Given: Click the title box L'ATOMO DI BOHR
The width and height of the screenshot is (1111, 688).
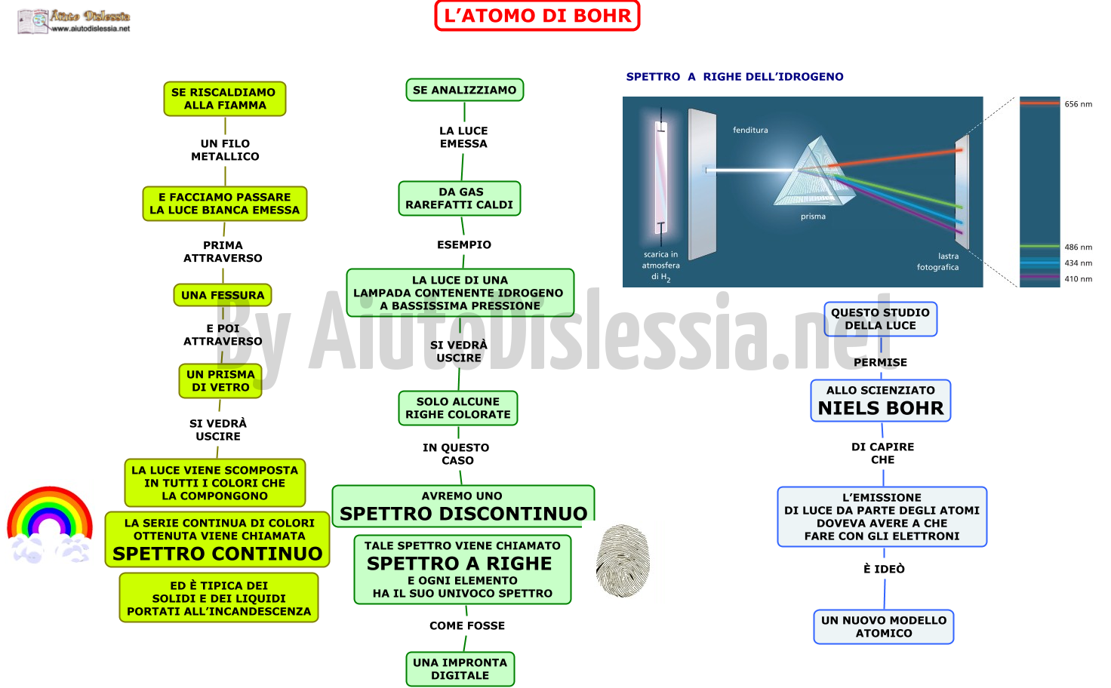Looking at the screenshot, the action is click(537, 15).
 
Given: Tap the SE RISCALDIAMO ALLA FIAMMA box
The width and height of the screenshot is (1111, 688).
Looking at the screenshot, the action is click(225, 99).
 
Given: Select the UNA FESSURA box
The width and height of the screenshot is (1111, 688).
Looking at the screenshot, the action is click(223, 295).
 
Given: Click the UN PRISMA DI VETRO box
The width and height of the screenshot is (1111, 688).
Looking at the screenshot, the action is click(220, 381).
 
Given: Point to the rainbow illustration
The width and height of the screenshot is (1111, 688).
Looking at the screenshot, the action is click(50, 524).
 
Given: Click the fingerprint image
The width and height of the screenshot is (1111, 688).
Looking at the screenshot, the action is click(623, 560).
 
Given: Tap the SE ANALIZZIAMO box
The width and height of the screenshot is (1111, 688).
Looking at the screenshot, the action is click(465, 90).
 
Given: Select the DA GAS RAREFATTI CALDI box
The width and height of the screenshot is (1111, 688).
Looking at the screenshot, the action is click(460, 198).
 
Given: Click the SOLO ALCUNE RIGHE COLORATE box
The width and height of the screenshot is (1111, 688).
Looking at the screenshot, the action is click(458, 408).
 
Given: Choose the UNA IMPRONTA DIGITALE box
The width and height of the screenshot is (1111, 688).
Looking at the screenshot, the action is click(460, 668).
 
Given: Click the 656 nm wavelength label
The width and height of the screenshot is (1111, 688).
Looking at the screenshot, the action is click(1079, 104).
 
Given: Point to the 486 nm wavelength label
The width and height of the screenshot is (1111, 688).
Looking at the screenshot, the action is click(1079, 247).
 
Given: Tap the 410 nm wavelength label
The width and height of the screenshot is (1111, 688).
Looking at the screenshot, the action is click(1079, 278).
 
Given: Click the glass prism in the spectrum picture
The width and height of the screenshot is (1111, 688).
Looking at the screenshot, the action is click(814, 174).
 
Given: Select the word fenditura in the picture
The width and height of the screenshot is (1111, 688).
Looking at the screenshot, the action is click(750, 130).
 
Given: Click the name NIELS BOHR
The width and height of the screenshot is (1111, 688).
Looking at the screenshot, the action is click(881, 408).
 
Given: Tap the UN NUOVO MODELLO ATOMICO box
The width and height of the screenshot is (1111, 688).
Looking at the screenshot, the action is click(884, 627).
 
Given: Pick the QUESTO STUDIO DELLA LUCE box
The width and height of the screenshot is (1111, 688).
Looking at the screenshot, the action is click(880, 318).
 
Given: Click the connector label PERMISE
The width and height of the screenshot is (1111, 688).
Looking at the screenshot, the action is click(880, 362).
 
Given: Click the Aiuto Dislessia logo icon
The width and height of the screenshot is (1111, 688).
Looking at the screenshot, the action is click(32, 21).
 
